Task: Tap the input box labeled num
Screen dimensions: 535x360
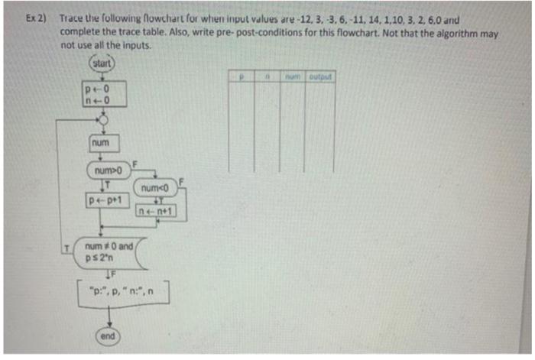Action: [100, 141]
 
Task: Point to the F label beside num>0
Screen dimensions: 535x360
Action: [135, 162]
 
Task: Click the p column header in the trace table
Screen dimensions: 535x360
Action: [241, 76]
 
